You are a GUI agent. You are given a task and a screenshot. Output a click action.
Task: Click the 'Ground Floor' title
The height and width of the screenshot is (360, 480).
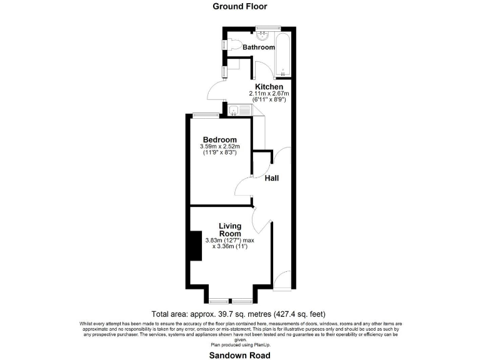tap(239, 7)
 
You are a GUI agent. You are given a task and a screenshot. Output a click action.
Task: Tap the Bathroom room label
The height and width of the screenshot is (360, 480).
tap(259, 47)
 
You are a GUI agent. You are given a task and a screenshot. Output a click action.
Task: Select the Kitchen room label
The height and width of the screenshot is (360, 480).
tap(269, 86)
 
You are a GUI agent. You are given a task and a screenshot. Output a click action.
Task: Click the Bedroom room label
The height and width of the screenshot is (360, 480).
tap(220, 139)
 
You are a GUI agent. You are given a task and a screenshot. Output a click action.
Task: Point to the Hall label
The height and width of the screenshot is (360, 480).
tap(271, 178)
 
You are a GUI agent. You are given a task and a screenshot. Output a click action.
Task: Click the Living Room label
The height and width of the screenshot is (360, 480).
tap(230, 229)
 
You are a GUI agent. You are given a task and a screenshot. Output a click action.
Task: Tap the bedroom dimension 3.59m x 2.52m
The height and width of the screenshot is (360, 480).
tap(220, 147)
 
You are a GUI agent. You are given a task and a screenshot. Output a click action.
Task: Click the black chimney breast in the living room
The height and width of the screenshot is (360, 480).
tap(195, 245)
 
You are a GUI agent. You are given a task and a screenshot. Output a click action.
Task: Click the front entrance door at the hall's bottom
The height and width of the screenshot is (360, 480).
tap(282, 279)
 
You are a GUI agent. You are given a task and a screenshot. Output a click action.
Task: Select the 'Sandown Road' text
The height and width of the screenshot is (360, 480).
tap(239, 355)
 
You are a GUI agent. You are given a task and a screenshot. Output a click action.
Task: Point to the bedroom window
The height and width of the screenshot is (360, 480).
tap(204, 114)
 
